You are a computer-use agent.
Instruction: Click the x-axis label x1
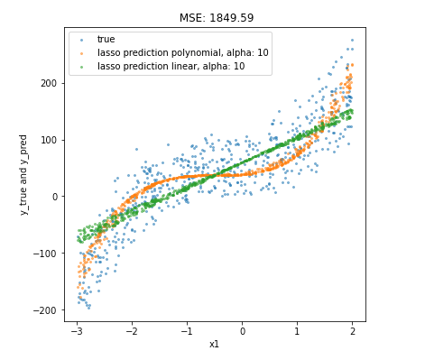[214, 344]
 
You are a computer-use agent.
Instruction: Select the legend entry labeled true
[106, 40]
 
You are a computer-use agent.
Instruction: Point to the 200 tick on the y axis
[50, 83]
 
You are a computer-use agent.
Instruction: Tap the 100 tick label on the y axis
[50, 140]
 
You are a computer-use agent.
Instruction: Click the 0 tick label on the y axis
[55, 197]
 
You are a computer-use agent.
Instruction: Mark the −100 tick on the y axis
[47, 254]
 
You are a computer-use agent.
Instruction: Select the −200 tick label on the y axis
[47, 309]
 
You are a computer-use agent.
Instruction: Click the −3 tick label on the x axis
[77, 330]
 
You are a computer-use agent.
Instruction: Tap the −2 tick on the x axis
[132, 330]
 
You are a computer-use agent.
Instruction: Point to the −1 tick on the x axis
[187, 330]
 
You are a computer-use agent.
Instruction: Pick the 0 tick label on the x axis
[243, 330]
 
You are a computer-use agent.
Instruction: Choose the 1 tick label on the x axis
[298, 330]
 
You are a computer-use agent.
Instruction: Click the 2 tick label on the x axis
[353, 330]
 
